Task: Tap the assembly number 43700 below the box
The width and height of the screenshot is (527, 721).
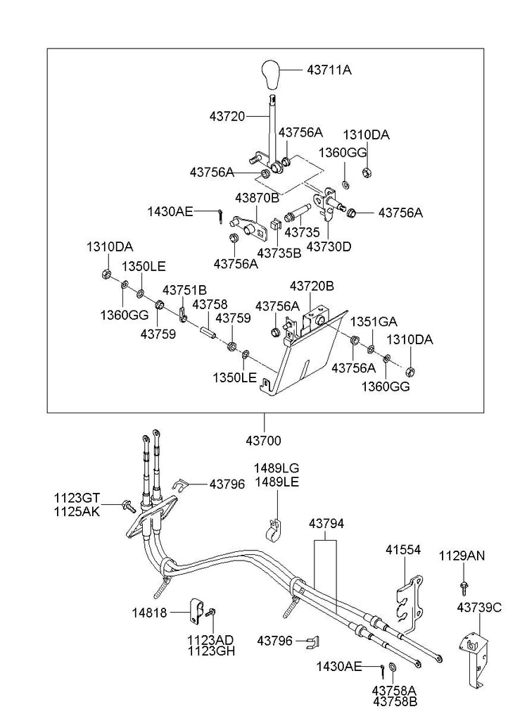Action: [264, 441]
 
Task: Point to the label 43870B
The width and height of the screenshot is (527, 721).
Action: [257, 198]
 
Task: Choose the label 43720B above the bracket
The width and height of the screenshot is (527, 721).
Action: [312, 286]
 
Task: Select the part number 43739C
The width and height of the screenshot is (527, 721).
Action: [479, 606]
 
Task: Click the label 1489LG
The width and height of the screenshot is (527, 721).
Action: [276, 468]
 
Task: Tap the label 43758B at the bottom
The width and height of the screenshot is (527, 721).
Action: [395, 701]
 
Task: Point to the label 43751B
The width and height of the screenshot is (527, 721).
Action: [184, 289]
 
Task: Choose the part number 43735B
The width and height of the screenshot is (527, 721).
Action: [279, 251]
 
